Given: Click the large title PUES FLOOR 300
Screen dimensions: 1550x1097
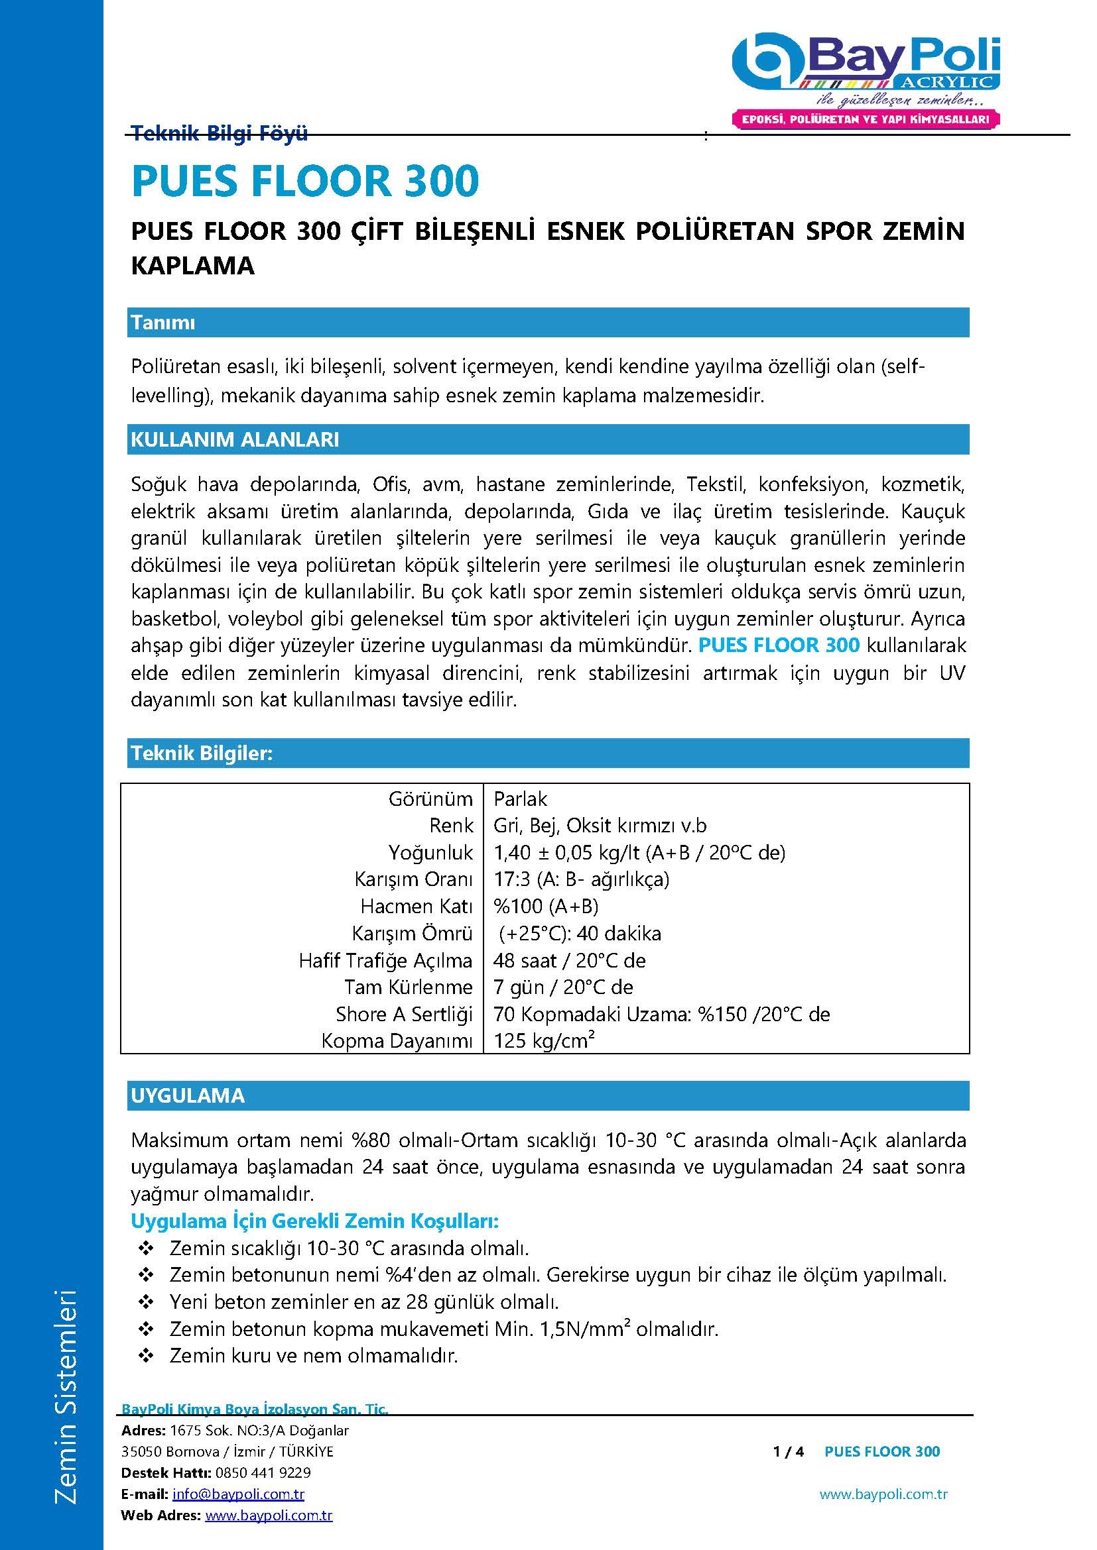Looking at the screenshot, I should (x=304, y=181).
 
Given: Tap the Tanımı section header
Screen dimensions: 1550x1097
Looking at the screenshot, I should (x=163, y=323).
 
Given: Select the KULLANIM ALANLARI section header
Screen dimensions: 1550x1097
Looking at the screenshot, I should (x=234, y=439).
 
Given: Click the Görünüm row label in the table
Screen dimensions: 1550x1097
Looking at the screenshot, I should (x=430, y=799).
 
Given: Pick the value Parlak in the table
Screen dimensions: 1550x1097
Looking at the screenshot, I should (x=520, y=799).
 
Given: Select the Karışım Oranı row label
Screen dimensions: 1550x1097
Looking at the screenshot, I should (x=413, y=879).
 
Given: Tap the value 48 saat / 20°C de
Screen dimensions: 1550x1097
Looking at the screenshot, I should (x=570, y=961).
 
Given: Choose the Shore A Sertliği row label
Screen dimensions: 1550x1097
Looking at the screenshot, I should (x=404, y=1014).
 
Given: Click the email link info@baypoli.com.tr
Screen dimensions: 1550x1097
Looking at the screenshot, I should (x=239, y=1494).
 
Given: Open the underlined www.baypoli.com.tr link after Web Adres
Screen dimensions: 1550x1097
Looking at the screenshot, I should (x=269, y=1516).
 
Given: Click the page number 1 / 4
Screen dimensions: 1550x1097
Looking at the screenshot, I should (x=789, y=1451).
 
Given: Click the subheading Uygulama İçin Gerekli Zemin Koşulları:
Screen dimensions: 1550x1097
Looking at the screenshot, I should (x=315, y=1221).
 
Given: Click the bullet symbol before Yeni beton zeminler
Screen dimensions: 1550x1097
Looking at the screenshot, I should (x=146, y=1301).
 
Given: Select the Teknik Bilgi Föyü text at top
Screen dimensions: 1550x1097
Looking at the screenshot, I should (x=220, y=133).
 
